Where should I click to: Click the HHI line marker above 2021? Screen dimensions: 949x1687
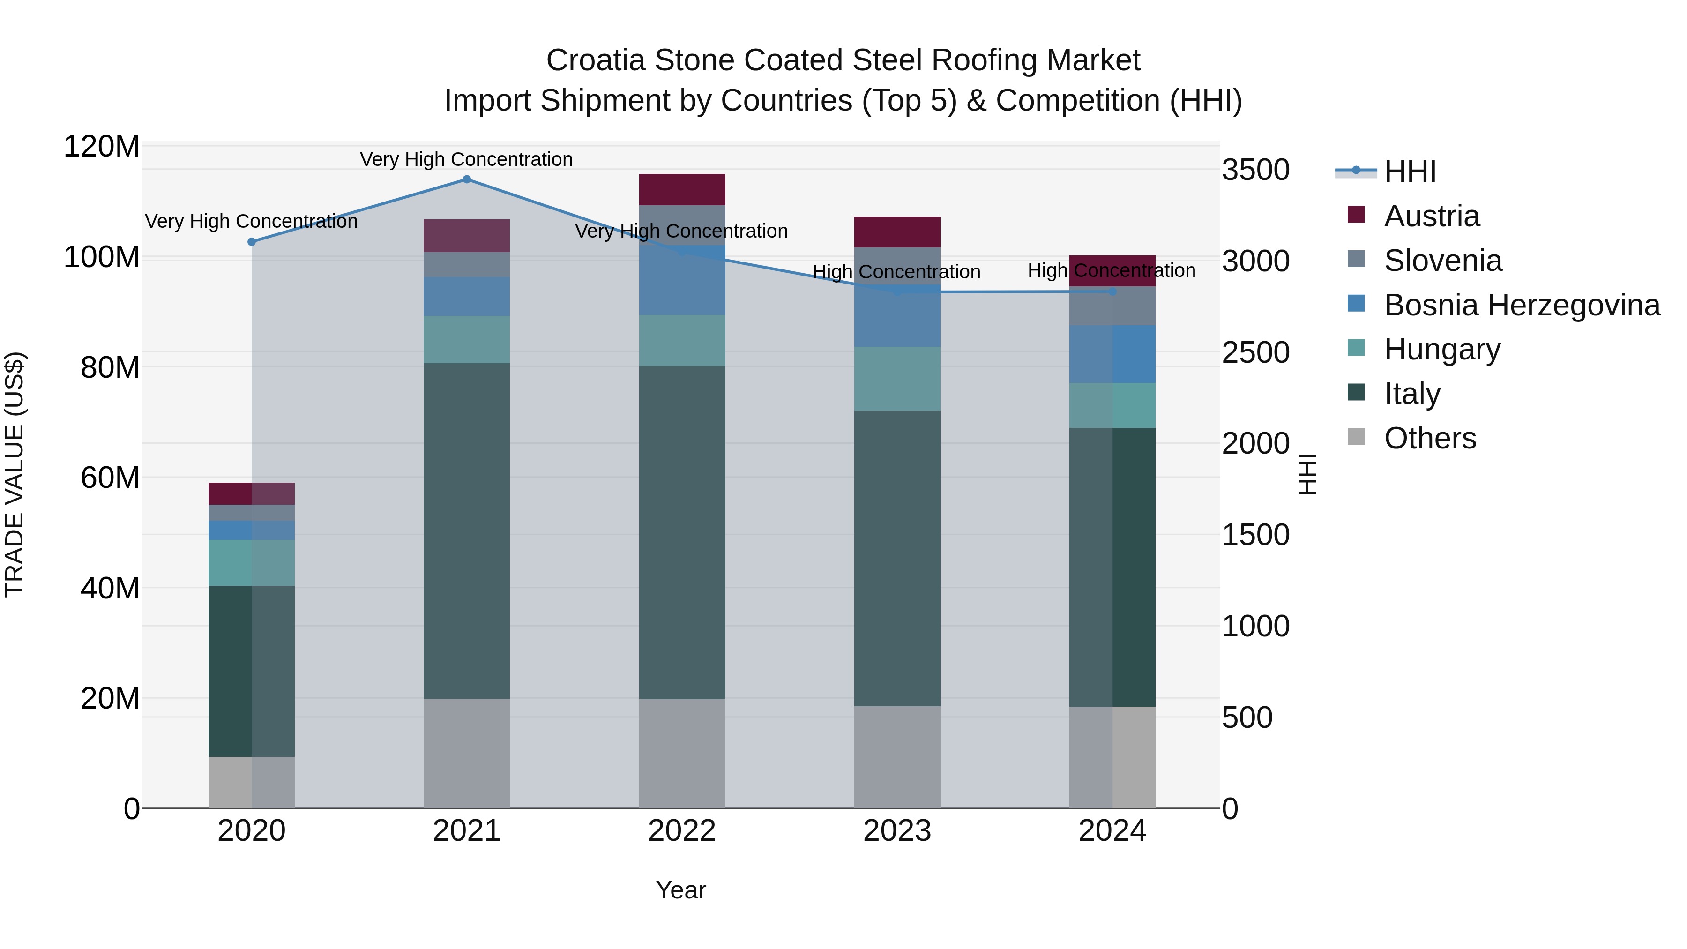[466, 179]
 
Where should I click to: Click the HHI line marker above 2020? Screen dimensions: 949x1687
[252, 242]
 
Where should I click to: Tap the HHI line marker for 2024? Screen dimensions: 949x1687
[1112, 291]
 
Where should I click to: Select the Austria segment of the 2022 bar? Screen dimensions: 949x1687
[682, 189]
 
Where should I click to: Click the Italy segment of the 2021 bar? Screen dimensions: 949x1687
[466, 531]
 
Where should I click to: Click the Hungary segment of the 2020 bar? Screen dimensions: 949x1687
[252, 562]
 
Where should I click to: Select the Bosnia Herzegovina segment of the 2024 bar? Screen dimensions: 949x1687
[1112, 354]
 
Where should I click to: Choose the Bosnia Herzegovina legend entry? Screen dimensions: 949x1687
[1521, 305]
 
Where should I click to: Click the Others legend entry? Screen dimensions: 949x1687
[1430, 438]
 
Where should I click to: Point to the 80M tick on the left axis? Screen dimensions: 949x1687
[109, 367]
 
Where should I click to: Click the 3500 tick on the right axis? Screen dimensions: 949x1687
[1255, 170]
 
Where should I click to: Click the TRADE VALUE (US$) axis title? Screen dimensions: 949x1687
[15, 474]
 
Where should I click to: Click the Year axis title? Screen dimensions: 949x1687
[680, 890]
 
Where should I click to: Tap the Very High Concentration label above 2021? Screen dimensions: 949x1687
[466, 159]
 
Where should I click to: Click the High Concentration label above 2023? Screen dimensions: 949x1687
[896, 272]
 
